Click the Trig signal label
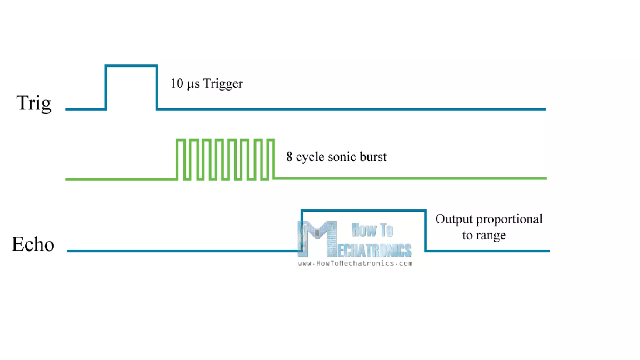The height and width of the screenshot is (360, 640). [34, 103]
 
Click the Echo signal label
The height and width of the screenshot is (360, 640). [33, 244]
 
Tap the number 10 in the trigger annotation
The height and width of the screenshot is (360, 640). [177, 83]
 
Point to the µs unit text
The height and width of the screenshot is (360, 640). [193, 84]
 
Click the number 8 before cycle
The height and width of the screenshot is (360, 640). [289, 157]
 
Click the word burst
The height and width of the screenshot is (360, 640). [373, 157]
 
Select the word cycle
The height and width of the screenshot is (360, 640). [310, 157]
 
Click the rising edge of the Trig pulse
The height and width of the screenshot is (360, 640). [106, 87]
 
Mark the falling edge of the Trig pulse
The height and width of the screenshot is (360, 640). [157, 87]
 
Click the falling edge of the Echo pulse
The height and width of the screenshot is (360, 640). [425, 231]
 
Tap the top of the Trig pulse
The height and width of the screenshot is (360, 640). [131, 66]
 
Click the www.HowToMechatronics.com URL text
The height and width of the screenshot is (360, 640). [355, 263]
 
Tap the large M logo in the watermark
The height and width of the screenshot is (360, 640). [317, 237]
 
